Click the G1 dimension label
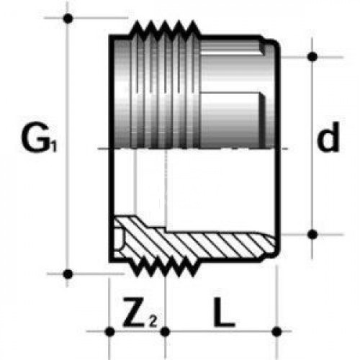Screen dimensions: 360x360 point(40,138)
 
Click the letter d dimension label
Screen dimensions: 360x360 point(328,137)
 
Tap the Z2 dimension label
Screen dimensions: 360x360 point(140,312)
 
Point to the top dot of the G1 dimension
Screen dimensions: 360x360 point(68,18)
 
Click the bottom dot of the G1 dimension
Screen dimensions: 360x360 point(68,274)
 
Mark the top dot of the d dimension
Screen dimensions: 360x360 point(312,57)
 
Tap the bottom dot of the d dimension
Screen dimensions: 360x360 point(312,235)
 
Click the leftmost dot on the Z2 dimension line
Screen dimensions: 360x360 point(109,331)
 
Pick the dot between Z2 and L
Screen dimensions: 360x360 point(165,332)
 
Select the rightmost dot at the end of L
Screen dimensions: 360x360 point(276,331)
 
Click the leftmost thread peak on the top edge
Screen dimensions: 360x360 point(138,22)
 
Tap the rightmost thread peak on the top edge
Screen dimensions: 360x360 point(193,22)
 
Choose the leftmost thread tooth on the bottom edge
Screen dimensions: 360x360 point(138,275)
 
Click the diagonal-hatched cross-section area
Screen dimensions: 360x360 point(192,243)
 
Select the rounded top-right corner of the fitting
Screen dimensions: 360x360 point(275,43)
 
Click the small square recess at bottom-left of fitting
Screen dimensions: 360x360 point(119,239)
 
